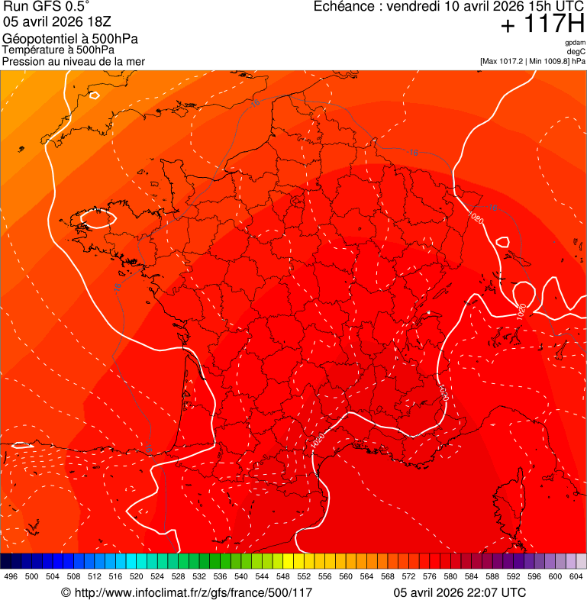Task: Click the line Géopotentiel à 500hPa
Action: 70,39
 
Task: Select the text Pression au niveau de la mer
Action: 73,61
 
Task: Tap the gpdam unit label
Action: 575,43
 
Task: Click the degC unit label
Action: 576,52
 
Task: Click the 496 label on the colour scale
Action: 11,577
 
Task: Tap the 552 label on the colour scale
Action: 304,577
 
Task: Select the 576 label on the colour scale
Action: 430,577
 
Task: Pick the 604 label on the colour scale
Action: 576,577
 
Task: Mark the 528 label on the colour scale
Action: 179,577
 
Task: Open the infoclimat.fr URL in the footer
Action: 193,592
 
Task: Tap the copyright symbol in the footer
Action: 66,592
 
